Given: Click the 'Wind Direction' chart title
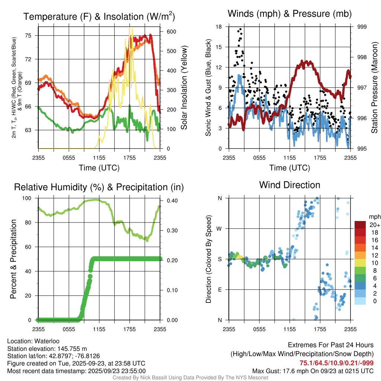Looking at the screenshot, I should click(x=289, y=185).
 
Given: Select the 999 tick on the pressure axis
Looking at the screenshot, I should click(x=362, y=27).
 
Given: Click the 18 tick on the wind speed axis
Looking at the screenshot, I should click(x=219, y=27).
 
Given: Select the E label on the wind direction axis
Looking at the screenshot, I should click(x=220, y=289).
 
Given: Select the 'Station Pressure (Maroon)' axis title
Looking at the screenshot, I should click(x=375, y=88).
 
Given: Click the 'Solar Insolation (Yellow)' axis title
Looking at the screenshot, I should click(x=184, y=88).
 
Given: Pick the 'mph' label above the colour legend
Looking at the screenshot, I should click(x=374, y=217).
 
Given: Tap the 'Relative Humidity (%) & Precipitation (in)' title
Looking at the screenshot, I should click(x=99, y=187).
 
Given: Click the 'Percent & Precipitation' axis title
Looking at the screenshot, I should click(x=13, y=259).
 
